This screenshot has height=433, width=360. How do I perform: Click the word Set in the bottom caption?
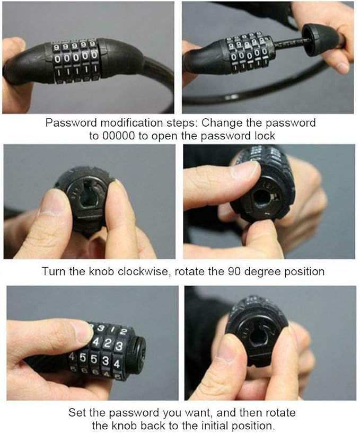77,412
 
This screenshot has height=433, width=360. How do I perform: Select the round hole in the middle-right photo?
261,198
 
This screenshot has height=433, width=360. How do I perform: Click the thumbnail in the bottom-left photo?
82,332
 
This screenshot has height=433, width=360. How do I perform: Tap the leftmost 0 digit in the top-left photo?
58,58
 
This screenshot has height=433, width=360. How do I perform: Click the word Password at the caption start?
71,122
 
